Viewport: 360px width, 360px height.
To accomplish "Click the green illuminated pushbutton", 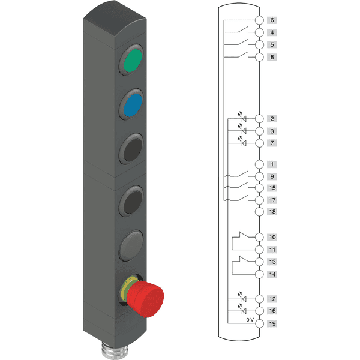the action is point(133,61).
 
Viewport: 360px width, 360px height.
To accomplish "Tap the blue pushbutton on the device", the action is point(133,105).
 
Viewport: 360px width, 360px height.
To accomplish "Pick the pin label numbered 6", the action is point(272,20).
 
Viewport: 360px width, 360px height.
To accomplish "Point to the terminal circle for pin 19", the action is point(259,323).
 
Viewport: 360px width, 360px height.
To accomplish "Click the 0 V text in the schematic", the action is point(250,320).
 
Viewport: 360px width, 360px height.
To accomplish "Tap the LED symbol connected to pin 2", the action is point(242,117).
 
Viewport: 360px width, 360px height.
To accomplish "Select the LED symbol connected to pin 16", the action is point(242,309).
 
